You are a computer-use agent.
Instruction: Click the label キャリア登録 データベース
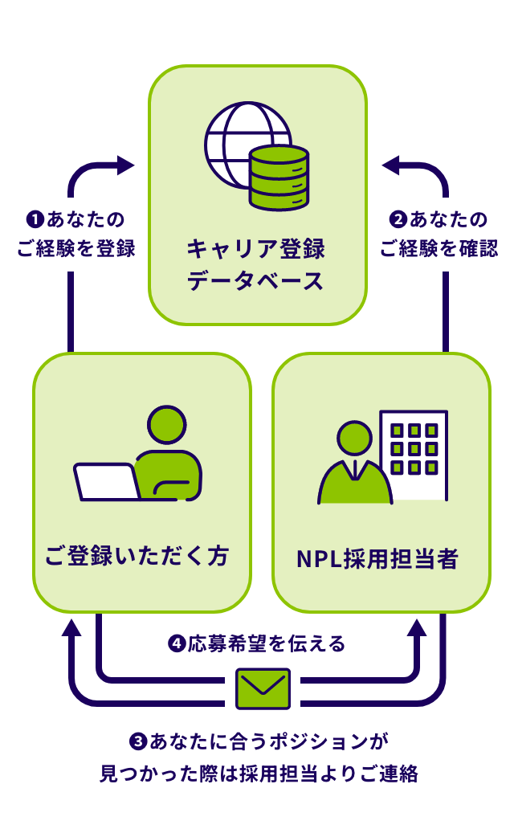pyautogui.click(x=256, y=264)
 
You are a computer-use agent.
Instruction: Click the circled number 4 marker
pyautogui.click(x=177, y=643)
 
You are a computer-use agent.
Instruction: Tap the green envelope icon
pyautogui.click(x=263, y=688)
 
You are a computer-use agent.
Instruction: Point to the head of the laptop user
pyautogui.click(x=167, y=426)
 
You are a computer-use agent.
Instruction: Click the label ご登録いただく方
pyautogui.click(x=137, y=557)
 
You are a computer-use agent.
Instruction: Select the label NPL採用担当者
pyautogui.click(x=377, y=559)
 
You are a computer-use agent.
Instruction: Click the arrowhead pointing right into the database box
pyautogui.click(x=125, y=165)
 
